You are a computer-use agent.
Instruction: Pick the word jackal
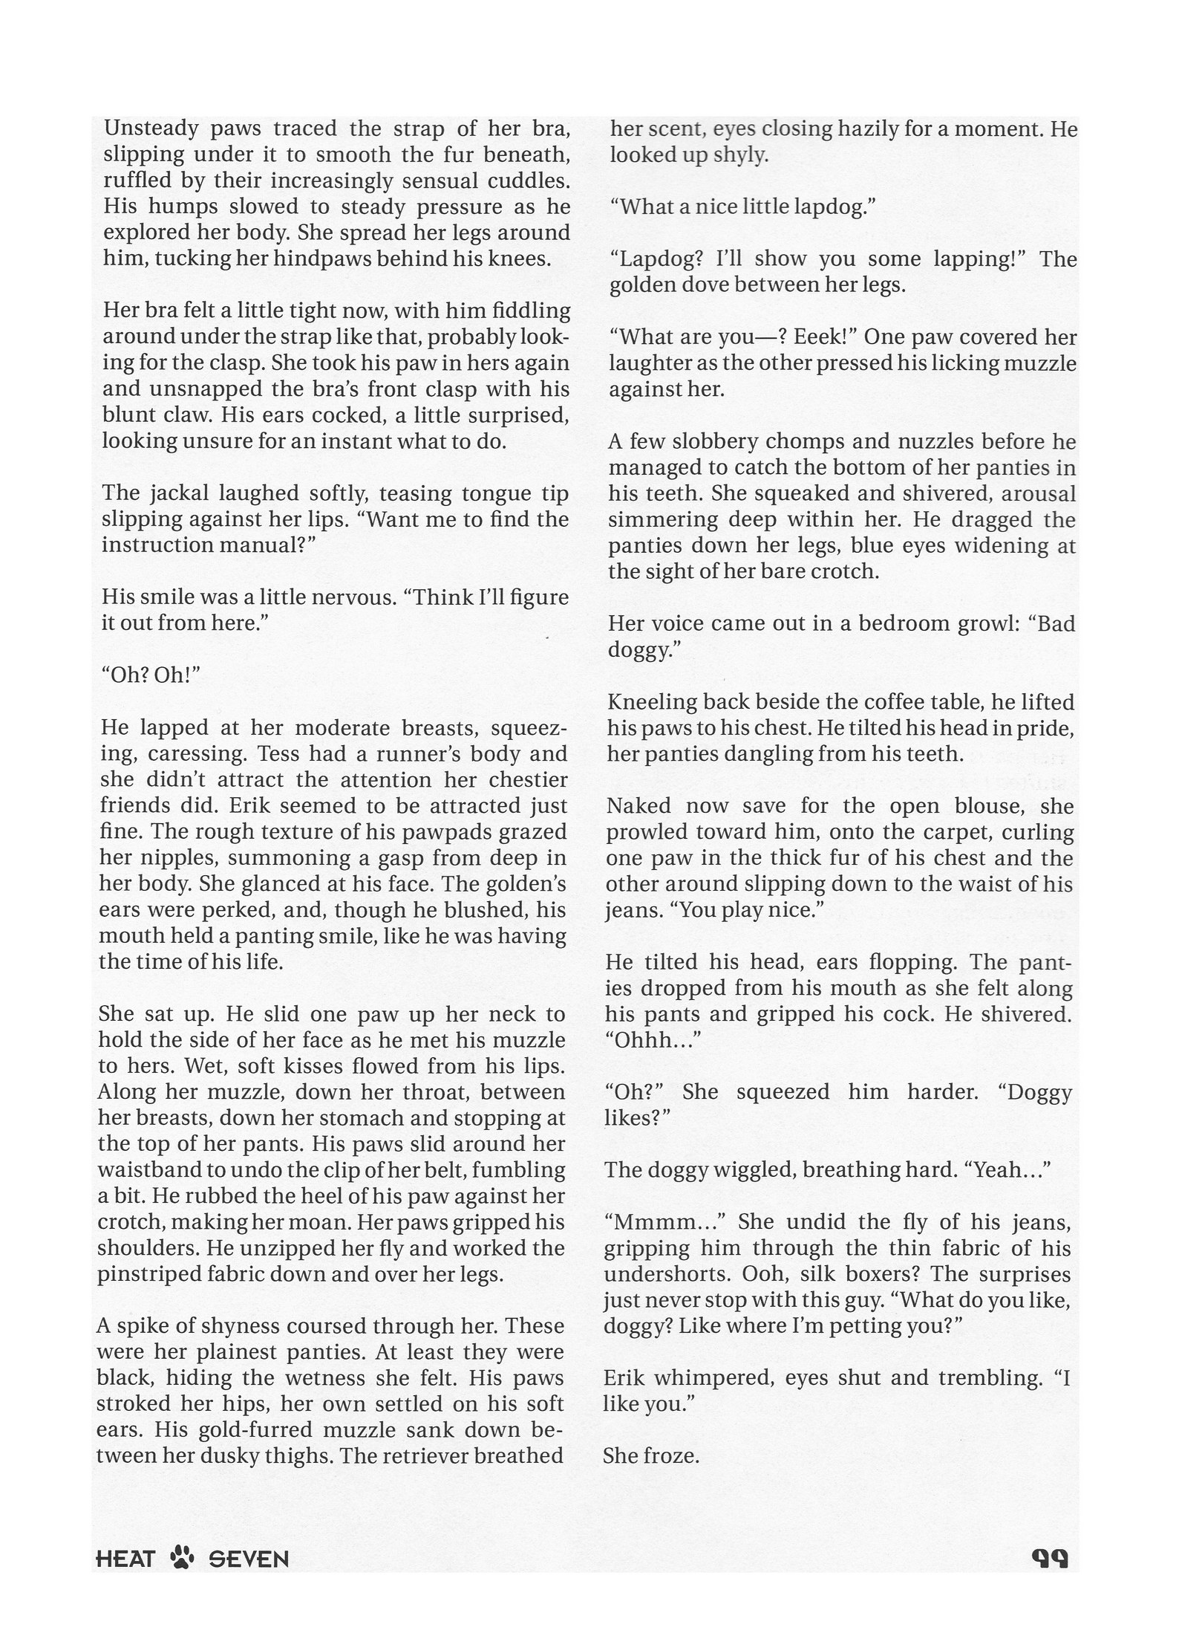(175, 493)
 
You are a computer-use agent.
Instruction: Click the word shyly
(740, 156)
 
